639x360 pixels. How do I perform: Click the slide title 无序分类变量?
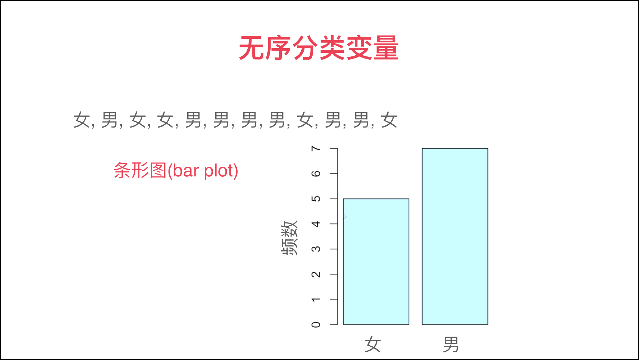319,48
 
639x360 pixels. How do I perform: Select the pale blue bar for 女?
376,262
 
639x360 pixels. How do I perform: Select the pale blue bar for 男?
455,236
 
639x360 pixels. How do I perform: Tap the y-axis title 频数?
290,238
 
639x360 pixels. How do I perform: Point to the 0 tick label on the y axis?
316,324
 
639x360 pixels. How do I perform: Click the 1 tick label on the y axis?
316,299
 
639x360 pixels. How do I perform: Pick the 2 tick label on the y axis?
316,274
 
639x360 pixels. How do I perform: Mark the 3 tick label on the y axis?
316,249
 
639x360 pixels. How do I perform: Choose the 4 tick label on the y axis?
316,224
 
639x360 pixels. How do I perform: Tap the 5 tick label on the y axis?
316,199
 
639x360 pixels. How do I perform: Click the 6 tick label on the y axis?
316,174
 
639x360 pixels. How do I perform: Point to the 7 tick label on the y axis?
316,148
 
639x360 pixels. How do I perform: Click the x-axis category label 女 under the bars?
373,345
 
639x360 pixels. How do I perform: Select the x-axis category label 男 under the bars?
451,345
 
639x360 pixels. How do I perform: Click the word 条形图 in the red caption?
140,170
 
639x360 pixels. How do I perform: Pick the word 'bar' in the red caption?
186,171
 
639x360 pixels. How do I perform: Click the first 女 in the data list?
82,120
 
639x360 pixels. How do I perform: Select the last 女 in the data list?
389,120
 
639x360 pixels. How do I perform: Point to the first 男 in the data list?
110,120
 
